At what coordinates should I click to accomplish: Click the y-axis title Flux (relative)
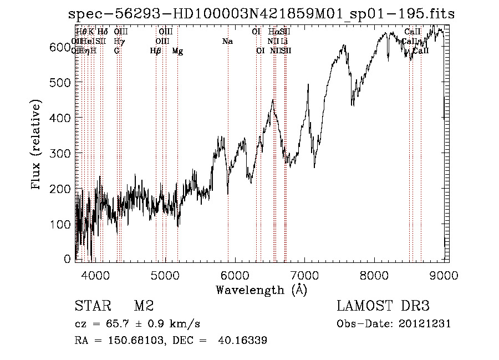point(37,145)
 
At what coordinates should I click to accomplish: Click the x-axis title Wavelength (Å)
point(261,290)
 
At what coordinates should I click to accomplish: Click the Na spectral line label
point(227,42)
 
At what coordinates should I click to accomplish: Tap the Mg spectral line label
point(177,51)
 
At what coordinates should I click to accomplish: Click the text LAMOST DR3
point(383,306)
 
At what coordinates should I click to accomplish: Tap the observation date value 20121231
point(425,324)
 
